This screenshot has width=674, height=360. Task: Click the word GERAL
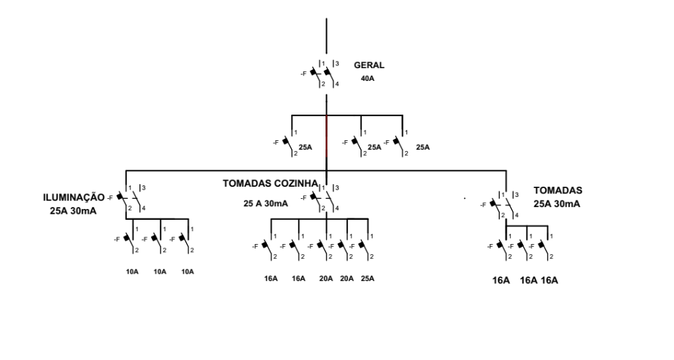click(x=369, y=65)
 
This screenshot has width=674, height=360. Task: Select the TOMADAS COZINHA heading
click(x=270, y=183)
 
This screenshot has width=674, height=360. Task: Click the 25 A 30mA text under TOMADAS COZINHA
click(x=267, y=203)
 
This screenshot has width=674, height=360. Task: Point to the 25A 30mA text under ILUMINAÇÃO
click(x=73, y=211)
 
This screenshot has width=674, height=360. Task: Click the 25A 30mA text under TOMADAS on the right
click(x=557, y=204)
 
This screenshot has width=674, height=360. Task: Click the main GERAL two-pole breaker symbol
click(x=326, y=73)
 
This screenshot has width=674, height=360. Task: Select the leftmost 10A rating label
click(x=132, y=272)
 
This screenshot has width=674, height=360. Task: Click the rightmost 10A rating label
click(x=187, y=272)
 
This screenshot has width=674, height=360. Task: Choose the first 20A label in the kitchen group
click(x=326, y=278)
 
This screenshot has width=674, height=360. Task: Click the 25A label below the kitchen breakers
click(x=368, y=278)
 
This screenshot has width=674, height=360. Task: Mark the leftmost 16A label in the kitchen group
click(x=271, y=278)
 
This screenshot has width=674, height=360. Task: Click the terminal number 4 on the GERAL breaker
click(x=337, y=84)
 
